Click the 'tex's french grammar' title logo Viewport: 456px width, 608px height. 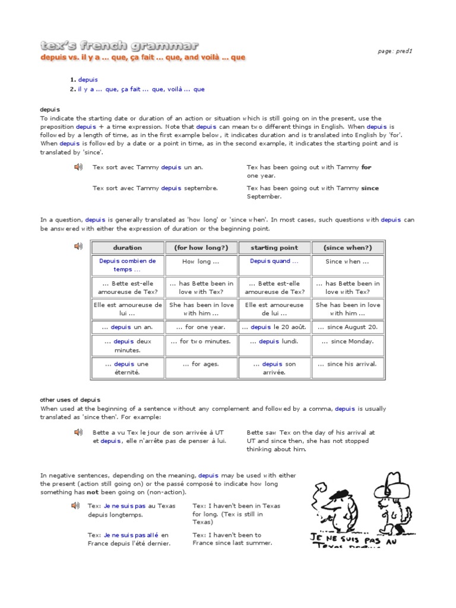click(119, 46)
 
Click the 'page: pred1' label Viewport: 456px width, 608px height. click(395, 51)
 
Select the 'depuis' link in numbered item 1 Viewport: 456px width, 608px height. click(88, 80)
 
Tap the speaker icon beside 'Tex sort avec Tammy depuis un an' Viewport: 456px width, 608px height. click(78, 168)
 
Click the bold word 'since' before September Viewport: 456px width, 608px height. click(369, 188)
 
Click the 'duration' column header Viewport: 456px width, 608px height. click(128, 248)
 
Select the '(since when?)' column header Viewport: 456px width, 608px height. click(347, 248)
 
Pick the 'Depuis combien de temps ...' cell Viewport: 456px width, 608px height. click(128, 265)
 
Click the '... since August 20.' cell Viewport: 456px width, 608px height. click(347, 327)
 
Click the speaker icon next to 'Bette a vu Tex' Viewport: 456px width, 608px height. click(78, 433)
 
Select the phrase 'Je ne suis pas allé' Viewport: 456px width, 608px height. click(132, 535)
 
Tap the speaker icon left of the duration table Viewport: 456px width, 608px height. click(78, 246)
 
